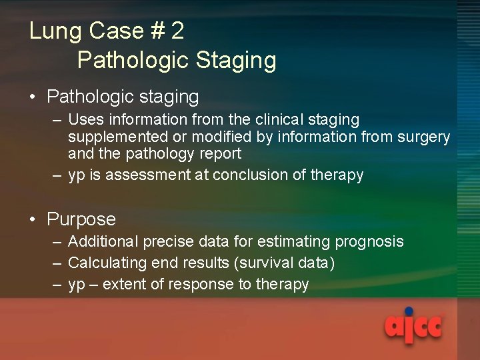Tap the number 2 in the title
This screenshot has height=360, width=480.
pos(177,31)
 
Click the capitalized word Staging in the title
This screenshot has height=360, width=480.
pos(236,61)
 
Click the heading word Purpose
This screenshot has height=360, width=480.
pos(81,219)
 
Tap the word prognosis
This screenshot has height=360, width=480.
pos(370,242)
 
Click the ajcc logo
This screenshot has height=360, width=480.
pos(413,326)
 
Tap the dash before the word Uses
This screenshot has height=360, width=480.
pos(57,120)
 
